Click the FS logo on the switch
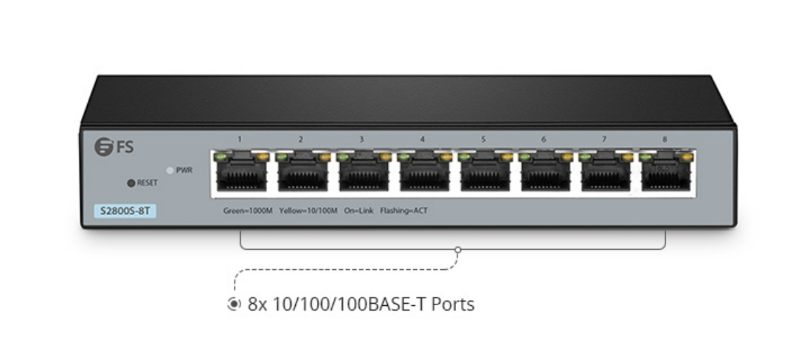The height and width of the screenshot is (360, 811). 114,147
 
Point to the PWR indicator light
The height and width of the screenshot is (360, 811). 169,170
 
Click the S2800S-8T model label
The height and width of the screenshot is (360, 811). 124,210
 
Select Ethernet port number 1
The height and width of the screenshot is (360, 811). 240,173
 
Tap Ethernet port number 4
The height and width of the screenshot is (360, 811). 422,173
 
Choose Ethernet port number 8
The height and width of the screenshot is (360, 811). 665,173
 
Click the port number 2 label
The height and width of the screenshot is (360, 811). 301,139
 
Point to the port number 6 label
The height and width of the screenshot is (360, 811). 543,139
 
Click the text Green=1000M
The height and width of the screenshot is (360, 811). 247,210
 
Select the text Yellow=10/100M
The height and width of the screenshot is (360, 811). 309,210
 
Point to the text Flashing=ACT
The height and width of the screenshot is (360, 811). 404,210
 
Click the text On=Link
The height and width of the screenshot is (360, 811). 359,210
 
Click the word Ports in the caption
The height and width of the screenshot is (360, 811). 453,304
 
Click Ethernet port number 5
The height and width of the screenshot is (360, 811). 483,173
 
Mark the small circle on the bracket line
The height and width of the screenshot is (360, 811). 458,250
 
